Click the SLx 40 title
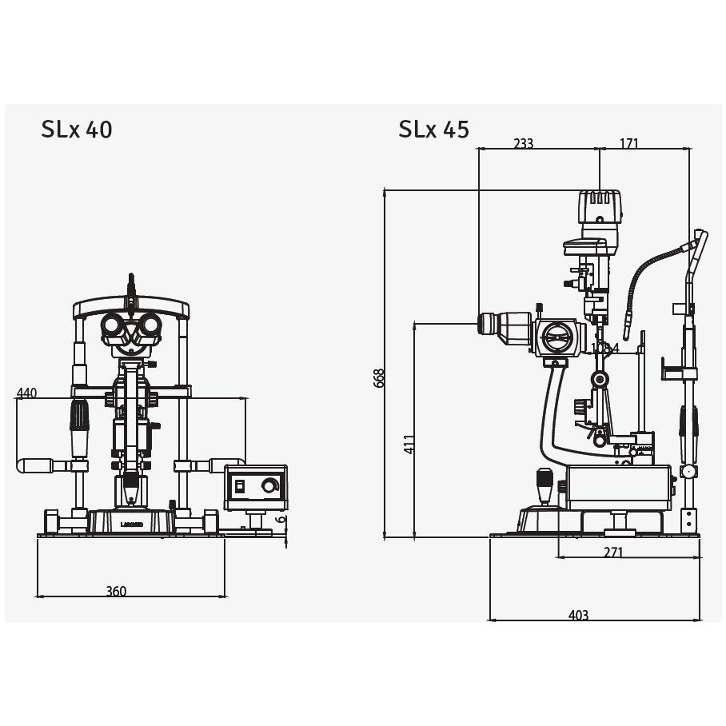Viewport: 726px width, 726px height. (77, 130)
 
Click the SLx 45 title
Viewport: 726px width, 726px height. (433, 130)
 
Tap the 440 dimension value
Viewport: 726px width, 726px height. (26, 393)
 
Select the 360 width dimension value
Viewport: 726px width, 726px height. (116, 591)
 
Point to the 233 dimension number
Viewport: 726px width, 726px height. (523, 144)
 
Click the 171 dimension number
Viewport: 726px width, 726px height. (628, 144)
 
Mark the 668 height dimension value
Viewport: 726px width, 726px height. (379, 378)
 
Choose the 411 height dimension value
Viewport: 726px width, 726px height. (409, 444)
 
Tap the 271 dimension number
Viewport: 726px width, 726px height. (613, 552)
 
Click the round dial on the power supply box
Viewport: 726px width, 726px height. (270, 485)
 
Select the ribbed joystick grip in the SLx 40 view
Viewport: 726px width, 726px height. (79, 416)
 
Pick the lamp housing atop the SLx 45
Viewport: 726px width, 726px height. (600, 207)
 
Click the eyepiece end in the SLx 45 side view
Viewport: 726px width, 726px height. (484, 324)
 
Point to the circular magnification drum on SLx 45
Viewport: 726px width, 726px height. (556, 337)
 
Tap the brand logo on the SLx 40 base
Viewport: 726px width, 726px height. (131, 525)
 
